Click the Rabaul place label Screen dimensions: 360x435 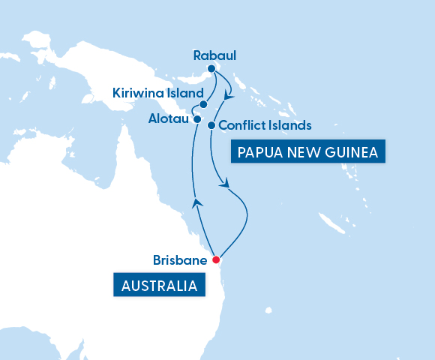214,55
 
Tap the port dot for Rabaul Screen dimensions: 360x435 211,69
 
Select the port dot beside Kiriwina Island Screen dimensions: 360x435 203,105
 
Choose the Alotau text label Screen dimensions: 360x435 168,118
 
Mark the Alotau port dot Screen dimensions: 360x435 196,119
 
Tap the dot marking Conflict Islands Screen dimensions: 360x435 211,125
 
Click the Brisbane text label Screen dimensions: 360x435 180,260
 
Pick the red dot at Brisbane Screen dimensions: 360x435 215,260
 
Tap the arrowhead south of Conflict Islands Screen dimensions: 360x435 222,182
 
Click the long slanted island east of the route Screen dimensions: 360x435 330,222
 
